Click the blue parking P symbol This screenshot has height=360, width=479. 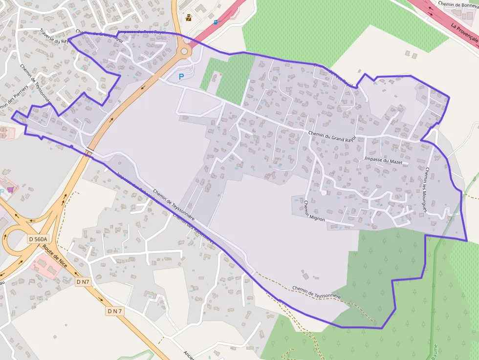click(x=181, y=77)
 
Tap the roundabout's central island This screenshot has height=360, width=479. click(x=184, y=51)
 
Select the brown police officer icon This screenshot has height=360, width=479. click(x=189, y=18)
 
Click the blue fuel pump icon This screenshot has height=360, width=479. click(x=216, y=22)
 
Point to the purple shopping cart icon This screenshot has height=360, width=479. click(x=10, y=190)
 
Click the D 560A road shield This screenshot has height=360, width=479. click(x=38, y=239)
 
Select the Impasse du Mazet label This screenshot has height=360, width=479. click(x=383, y=160)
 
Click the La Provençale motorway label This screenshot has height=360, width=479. click(x=464, y=36)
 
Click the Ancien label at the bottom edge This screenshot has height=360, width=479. click(x=190, y=355)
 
